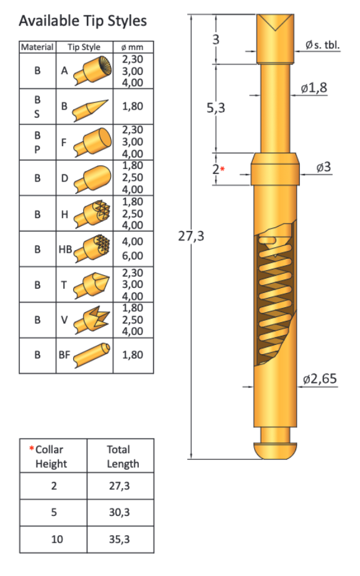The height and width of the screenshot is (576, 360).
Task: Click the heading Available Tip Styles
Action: (82, 20)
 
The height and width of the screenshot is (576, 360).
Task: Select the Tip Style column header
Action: (84, 47)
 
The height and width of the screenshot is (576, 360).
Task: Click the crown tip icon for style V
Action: (92, 320)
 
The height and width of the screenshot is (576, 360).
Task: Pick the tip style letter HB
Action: (65, 250)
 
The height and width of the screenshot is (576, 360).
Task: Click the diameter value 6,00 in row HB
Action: (133, 256)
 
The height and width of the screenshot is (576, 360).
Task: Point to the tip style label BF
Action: (65, 356)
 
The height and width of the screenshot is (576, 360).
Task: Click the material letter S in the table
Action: (37, 114)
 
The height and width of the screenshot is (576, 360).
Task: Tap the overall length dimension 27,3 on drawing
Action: (191, 235)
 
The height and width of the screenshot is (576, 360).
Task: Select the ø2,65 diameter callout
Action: (320, 378)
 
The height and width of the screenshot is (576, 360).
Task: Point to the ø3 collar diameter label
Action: (323, 168)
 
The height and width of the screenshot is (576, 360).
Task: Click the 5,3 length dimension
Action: (215, 108)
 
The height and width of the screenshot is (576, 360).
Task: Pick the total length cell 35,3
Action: (120, 539)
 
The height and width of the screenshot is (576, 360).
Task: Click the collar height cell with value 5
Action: (53, 513)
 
